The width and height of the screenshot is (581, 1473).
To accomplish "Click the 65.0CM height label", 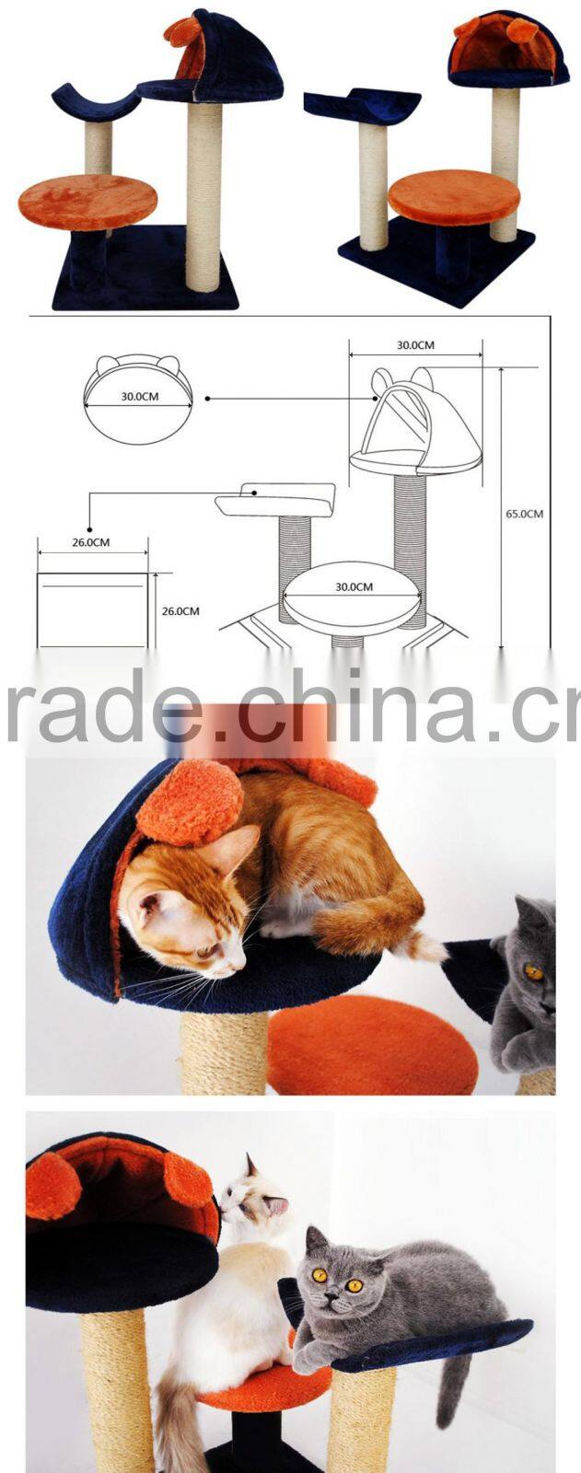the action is coord(525,514).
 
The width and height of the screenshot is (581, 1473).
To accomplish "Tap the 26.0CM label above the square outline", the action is coord(91,542).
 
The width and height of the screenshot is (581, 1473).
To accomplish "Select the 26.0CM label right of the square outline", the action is coord(180,611).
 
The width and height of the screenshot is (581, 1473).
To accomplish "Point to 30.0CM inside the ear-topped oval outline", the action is coord(139,397).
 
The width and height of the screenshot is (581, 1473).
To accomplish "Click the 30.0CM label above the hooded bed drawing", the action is coord(415,344).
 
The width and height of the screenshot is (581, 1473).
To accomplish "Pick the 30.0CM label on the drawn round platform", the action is coord(354,586).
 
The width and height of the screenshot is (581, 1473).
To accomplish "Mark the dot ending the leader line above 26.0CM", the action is coord(88,529).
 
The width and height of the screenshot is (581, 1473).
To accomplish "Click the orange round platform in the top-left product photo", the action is coord(88,201).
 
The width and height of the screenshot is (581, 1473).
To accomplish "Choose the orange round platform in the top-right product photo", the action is coord(454,196).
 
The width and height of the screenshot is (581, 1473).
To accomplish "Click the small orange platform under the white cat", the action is coord(265,1381).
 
